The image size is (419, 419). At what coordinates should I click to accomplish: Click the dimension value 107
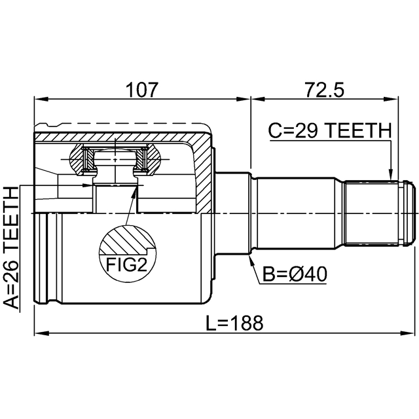coord(142,90)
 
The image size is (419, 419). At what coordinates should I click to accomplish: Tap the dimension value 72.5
coord(325,90)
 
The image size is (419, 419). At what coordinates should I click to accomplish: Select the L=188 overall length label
coord(234,323)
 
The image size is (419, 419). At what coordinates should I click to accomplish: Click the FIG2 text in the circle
coord(126,264)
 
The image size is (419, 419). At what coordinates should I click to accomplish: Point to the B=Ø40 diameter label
coord(295,274)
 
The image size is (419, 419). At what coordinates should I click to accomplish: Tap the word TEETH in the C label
coord(358,131)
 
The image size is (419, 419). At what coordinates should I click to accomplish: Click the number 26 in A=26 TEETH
coord(11,269)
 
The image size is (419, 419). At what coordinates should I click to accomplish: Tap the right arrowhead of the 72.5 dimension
coord(392,100)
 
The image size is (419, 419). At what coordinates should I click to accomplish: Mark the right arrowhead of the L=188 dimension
coord(407,333)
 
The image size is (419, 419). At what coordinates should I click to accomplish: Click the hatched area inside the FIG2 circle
coord(126,240)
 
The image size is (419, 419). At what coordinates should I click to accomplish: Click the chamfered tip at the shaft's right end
coord(410,213)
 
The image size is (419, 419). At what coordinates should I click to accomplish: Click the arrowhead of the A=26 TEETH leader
coord(89,185)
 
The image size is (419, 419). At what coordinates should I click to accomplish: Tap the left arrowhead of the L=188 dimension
coord(41,333)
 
